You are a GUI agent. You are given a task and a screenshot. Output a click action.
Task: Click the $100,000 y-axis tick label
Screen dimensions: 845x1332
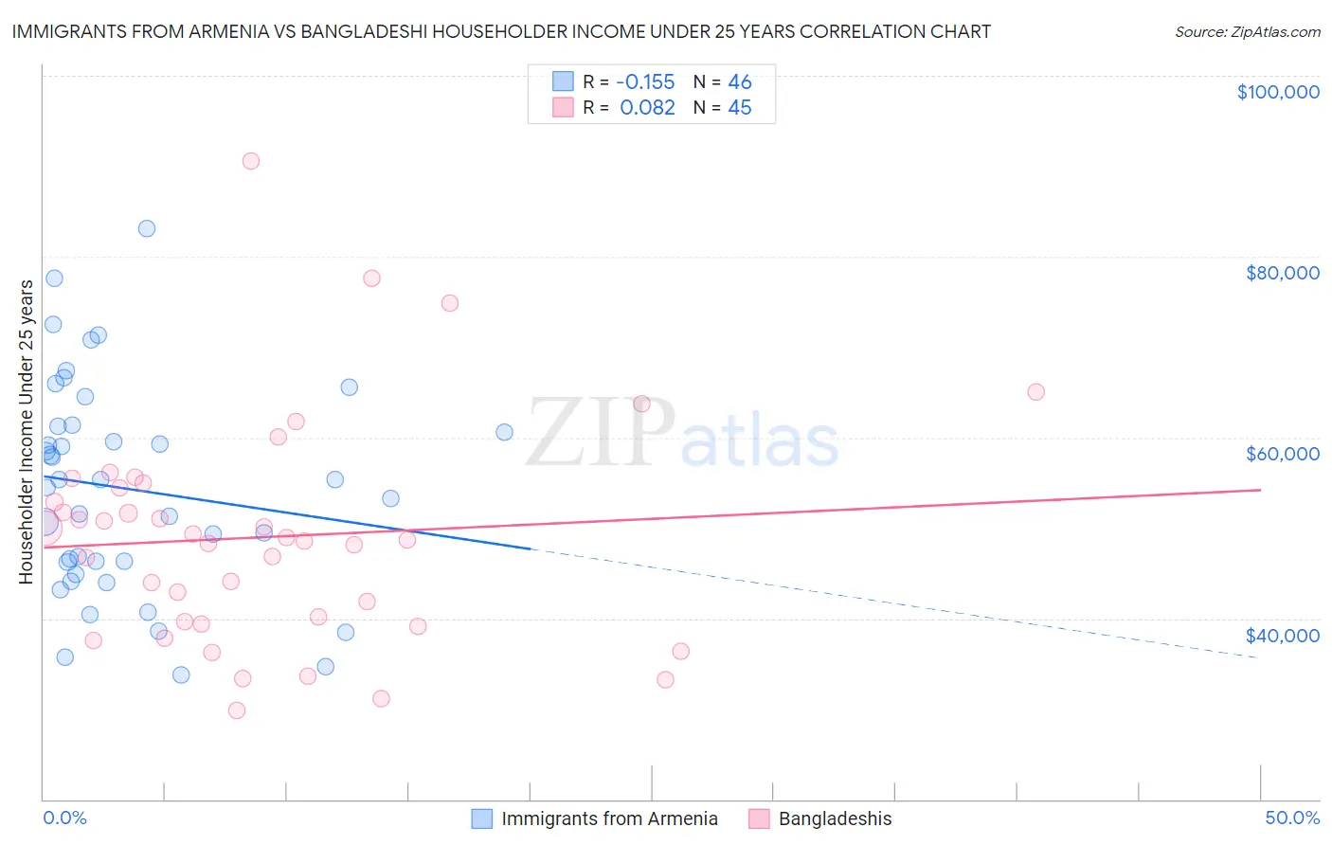1278,92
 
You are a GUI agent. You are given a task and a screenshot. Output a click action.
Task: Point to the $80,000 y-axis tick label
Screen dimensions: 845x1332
1282,273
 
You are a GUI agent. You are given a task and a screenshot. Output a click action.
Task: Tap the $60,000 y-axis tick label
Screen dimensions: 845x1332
1282,454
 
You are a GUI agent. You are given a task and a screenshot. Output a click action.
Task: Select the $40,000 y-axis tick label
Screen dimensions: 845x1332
1282,635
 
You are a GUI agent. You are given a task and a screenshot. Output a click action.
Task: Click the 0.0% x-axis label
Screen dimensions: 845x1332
64,818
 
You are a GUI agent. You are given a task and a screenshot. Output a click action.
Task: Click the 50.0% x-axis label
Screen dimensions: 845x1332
1291,818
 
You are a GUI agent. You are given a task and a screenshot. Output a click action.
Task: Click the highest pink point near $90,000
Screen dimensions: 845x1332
251,161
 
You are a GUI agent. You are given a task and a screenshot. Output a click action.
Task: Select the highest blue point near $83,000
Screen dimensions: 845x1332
147,228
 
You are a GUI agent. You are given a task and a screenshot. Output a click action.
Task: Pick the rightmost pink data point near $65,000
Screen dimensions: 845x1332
1035,392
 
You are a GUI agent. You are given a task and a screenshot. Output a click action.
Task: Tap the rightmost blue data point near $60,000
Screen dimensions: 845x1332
504,432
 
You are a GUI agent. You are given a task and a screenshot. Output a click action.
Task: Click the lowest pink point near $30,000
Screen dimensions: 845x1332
237,710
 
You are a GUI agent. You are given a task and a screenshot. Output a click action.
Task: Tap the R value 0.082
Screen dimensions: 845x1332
647,108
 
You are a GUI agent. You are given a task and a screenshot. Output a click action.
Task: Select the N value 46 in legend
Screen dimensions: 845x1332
740,82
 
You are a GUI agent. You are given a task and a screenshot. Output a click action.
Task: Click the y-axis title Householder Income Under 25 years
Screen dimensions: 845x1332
26,431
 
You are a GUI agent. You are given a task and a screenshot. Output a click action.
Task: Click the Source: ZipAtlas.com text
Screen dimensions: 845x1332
1247,32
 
